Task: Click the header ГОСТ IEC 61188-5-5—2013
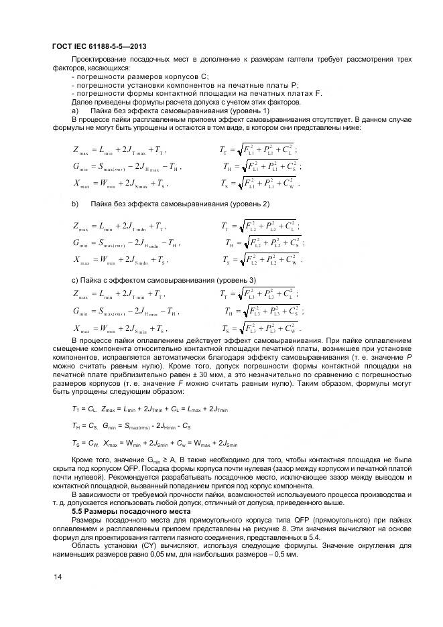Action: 100,46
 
